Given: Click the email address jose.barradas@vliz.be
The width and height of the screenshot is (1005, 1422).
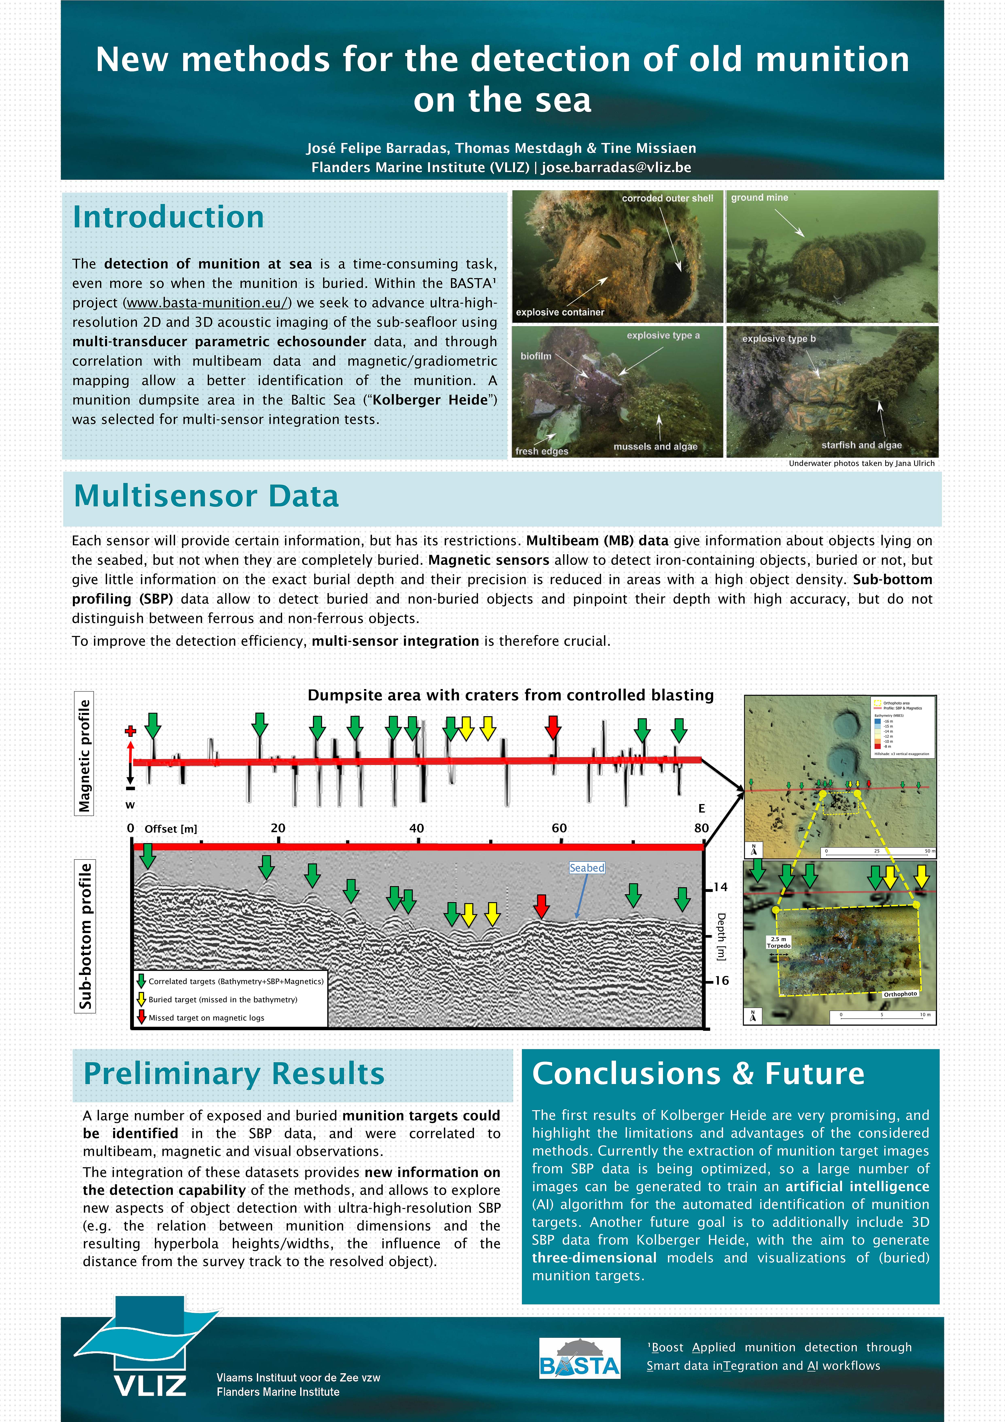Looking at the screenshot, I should tap(616, 167).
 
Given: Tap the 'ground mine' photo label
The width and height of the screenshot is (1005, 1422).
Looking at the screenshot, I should tap(759, 198).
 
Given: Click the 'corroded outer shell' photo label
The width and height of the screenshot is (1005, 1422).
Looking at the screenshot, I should tap(667, 198).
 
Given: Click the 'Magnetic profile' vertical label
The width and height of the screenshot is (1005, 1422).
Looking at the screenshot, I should tap(84, 754).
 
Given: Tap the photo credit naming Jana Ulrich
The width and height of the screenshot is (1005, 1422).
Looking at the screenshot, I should tap(862, 463).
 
